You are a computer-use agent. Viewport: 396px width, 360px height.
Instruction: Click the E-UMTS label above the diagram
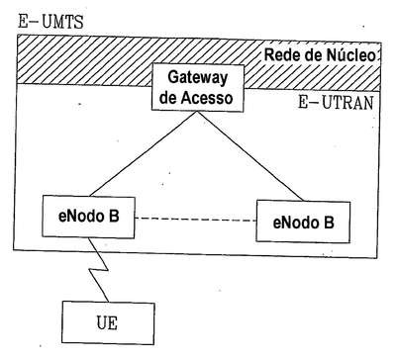tap(50, 22)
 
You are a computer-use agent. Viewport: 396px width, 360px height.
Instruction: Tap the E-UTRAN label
tap(336, 103)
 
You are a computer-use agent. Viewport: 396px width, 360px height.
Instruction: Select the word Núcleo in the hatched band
tap(351, 55)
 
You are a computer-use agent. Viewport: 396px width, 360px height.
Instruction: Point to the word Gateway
tap(198, 78)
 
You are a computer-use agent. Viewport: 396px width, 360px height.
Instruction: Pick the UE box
tap(108, 323)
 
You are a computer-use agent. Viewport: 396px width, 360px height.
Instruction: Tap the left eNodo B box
tap(88, 217)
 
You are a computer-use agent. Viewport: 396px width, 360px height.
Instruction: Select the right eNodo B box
tap(303, 222)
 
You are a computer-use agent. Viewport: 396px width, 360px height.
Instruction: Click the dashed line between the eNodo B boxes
tap(195, 220)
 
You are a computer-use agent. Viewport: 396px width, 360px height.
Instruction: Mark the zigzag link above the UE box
tap(98, 270)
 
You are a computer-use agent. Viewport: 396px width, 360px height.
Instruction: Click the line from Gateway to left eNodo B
tap(143, 153)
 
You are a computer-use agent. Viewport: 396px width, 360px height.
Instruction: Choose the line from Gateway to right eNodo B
tap(249, 156)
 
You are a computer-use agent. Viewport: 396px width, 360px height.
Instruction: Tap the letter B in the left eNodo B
tap(113, 216)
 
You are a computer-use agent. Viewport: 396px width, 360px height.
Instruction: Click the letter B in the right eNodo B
tap(328, 223)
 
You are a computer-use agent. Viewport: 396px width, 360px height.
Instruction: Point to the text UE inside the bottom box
tap(107, 322)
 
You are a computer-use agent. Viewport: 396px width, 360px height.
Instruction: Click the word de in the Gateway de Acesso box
tap(167, 98)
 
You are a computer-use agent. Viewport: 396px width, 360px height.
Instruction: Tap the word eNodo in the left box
tap(80, 216)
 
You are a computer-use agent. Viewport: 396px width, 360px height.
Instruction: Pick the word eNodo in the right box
tap(295, 223)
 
